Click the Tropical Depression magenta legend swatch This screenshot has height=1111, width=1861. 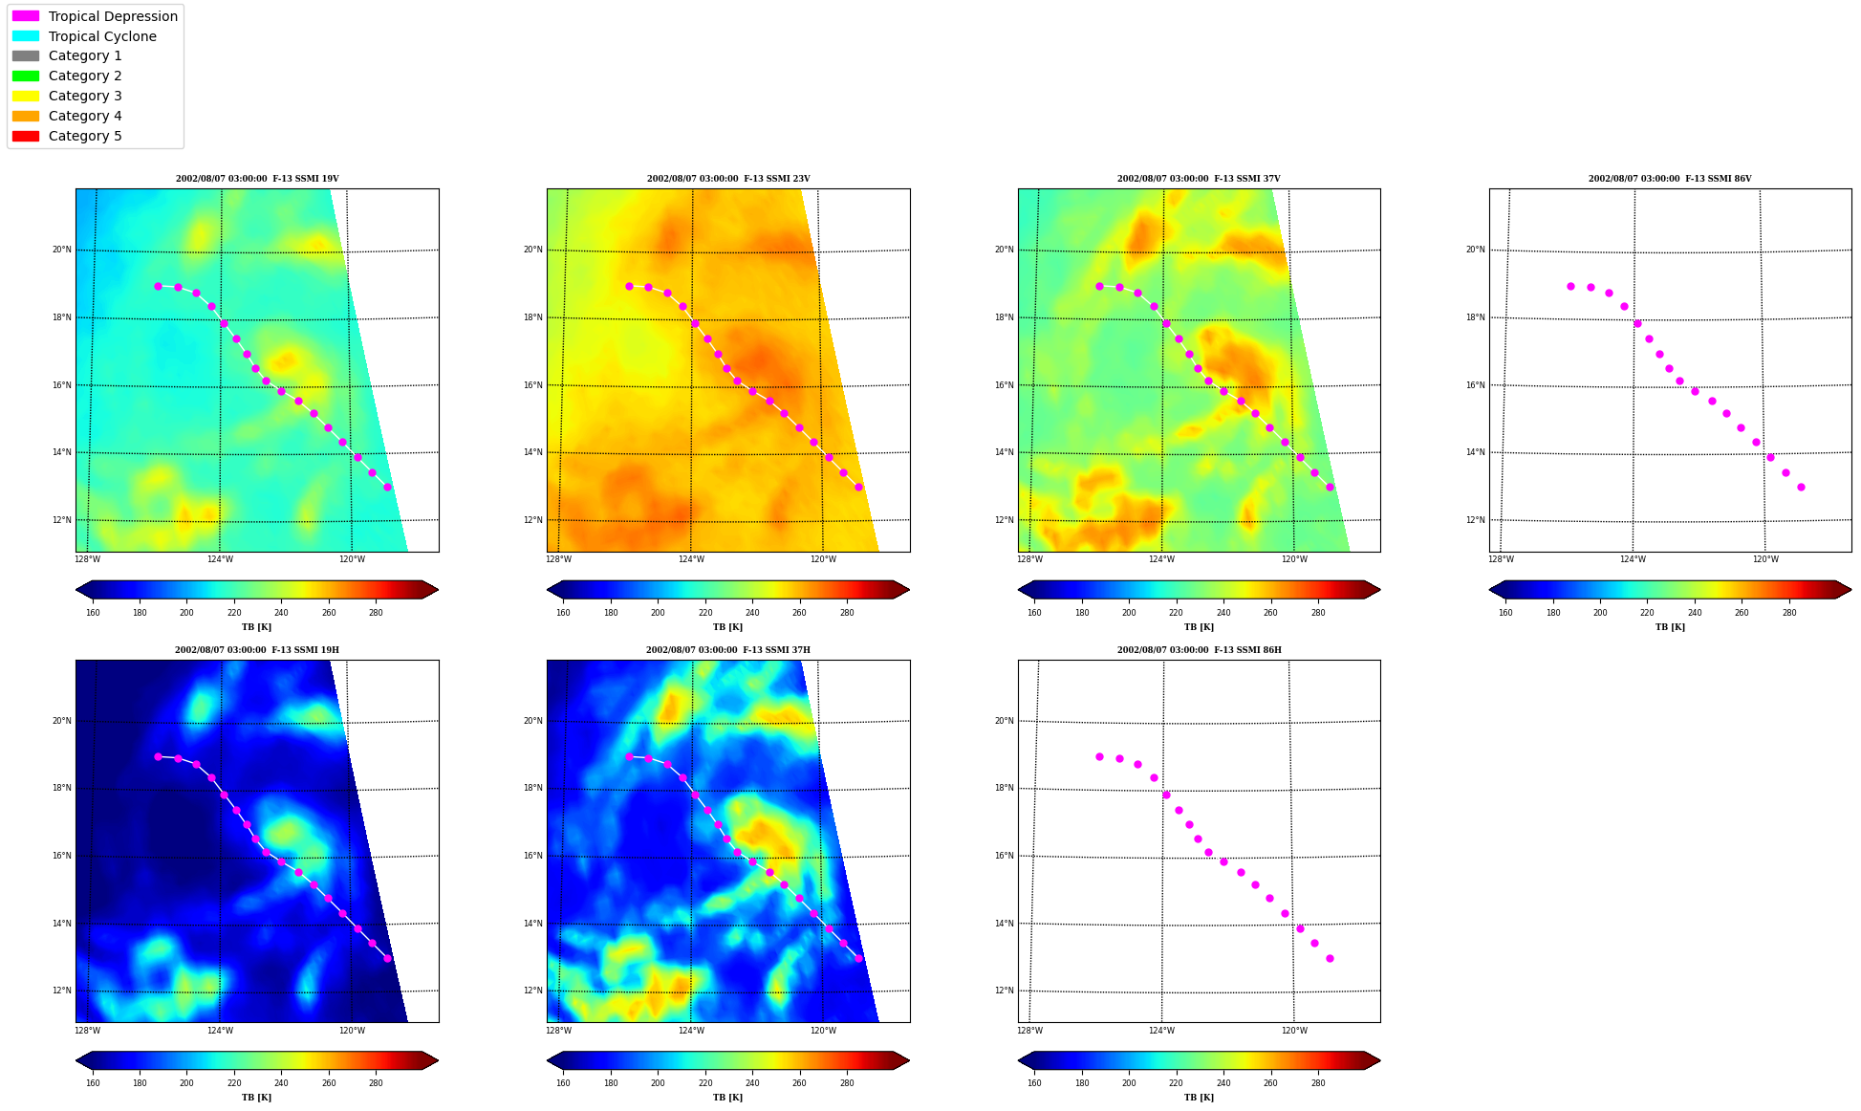[26, 16]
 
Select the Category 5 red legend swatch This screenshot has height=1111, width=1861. [26, 136]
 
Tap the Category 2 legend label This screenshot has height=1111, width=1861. [85, 76]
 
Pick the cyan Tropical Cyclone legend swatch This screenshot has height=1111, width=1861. [26, 36]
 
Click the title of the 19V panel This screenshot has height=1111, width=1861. [257, 179]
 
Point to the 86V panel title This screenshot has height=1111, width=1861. [1670, 179]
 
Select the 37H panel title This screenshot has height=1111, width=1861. [727, 650]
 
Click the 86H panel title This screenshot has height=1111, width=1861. [1199, 650]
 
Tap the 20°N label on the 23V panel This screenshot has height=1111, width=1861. [532, 250]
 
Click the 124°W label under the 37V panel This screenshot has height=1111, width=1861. [1161, 559]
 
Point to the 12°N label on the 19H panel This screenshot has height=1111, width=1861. [61, 991]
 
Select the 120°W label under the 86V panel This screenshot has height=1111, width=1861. [1765, 559]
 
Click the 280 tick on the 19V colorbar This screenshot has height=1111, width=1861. [376, 613]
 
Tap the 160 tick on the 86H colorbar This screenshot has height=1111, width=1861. [1034, 1083]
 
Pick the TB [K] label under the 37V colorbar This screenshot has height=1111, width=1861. [1199, 627]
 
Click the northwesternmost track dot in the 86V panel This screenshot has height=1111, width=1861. [1570, 286]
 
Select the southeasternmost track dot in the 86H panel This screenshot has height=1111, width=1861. [1330, 958]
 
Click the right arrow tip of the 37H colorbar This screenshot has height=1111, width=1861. [909, 1060]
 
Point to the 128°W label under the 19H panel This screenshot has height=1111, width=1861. [87, 1031]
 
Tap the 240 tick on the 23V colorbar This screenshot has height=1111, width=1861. [752, 613]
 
